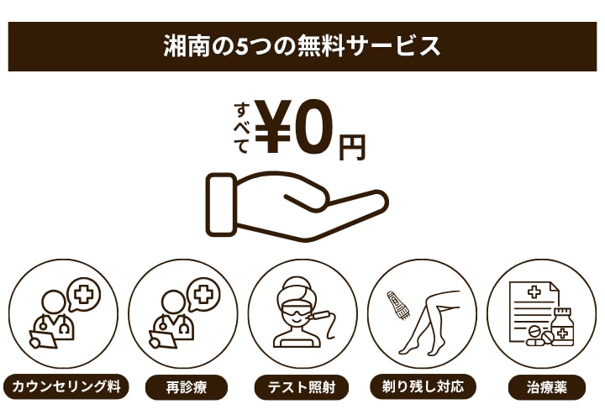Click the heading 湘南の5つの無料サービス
coord(302,45)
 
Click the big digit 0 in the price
coord(315,127)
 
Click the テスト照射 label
coord(302,388)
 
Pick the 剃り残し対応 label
coord(423,388)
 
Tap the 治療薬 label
coord(541,388)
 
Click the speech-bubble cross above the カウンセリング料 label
coord(83,295)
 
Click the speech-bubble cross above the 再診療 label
coord(203,295)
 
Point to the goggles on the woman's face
coord(299,306)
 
